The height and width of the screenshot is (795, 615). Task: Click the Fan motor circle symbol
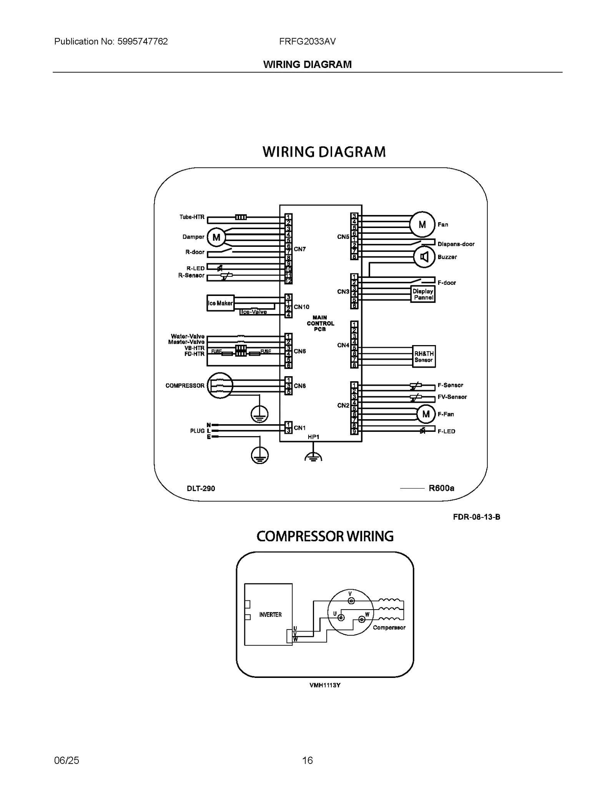click(x=422, y=224)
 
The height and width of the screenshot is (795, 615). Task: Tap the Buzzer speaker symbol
click(x=424, y=257)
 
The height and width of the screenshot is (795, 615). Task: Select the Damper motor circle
click(x=216, y=237)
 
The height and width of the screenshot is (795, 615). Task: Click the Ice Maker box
click(x=220, y=303)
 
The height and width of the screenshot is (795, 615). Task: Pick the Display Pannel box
click(x=423, y=294)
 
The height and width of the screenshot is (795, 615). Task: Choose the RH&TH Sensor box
click(x=424, y=357)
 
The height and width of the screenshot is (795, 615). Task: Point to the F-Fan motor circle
click(x=426, y=414)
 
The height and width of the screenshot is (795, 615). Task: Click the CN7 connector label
click(x=300, y=249)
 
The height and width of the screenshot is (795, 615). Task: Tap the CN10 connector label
click(x=301, y=307)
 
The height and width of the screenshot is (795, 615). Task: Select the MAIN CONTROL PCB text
click(x=320, y=323)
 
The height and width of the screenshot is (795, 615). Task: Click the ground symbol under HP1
click(x=313, y=456)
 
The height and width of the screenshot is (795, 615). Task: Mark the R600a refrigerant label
click(x=441, y=488)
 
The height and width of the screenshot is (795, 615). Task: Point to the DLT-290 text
click(x=201, y=488)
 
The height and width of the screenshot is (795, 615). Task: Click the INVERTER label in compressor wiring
click(x=270, y=615)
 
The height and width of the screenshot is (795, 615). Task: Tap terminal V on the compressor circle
click(x=351, y=601)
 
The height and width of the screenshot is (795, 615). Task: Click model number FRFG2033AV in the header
click(x=307, y=41)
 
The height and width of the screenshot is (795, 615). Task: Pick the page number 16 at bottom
click(x=307, y=760)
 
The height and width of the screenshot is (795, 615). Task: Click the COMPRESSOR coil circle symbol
click(x=220, y=385)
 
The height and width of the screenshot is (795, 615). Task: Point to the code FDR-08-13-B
click(x=476, y=517)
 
